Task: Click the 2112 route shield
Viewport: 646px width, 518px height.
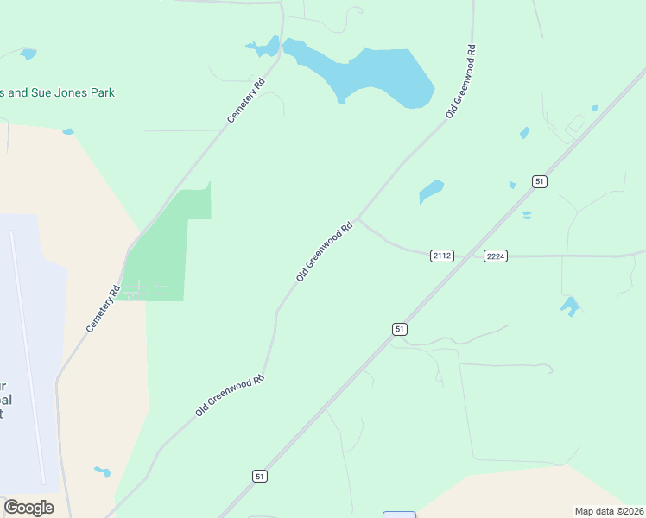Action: click(442, 256)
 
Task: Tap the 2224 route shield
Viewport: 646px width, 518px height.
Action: click(496, 256)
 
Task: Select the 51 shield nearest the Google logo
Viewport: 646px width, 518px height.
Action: click(261, 476)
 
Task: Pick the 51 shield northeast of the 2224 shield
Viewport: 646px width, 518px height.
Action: click(540, 181)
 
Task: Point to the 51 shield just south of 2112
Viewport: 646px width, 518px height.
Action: click(399, 329)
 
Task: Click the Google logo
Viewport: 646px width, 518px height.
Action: click(28, 508)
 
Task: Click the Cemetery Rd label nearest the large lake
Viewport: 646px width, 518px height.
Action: click(246, 101)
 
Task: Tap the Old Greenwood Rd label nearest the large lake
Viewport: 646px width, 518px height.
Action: click(461, 82)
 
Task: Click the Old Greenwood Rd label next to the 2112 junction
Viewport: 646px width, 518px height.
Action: click(325, 252)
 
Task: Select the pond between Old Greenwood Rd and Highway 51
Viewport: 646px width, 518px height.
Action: click(430, 191)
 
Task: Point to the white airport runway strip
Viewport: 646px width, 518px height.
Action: click(26, 345)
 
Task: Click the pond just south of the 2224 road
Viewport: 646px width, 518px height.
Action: click(569, 305)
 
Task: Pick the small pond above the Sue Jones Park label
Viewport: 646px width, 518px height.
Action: click(28, 54)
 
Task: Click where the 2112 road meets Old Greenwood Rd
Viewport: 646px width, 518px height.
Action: click(358, 219)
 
